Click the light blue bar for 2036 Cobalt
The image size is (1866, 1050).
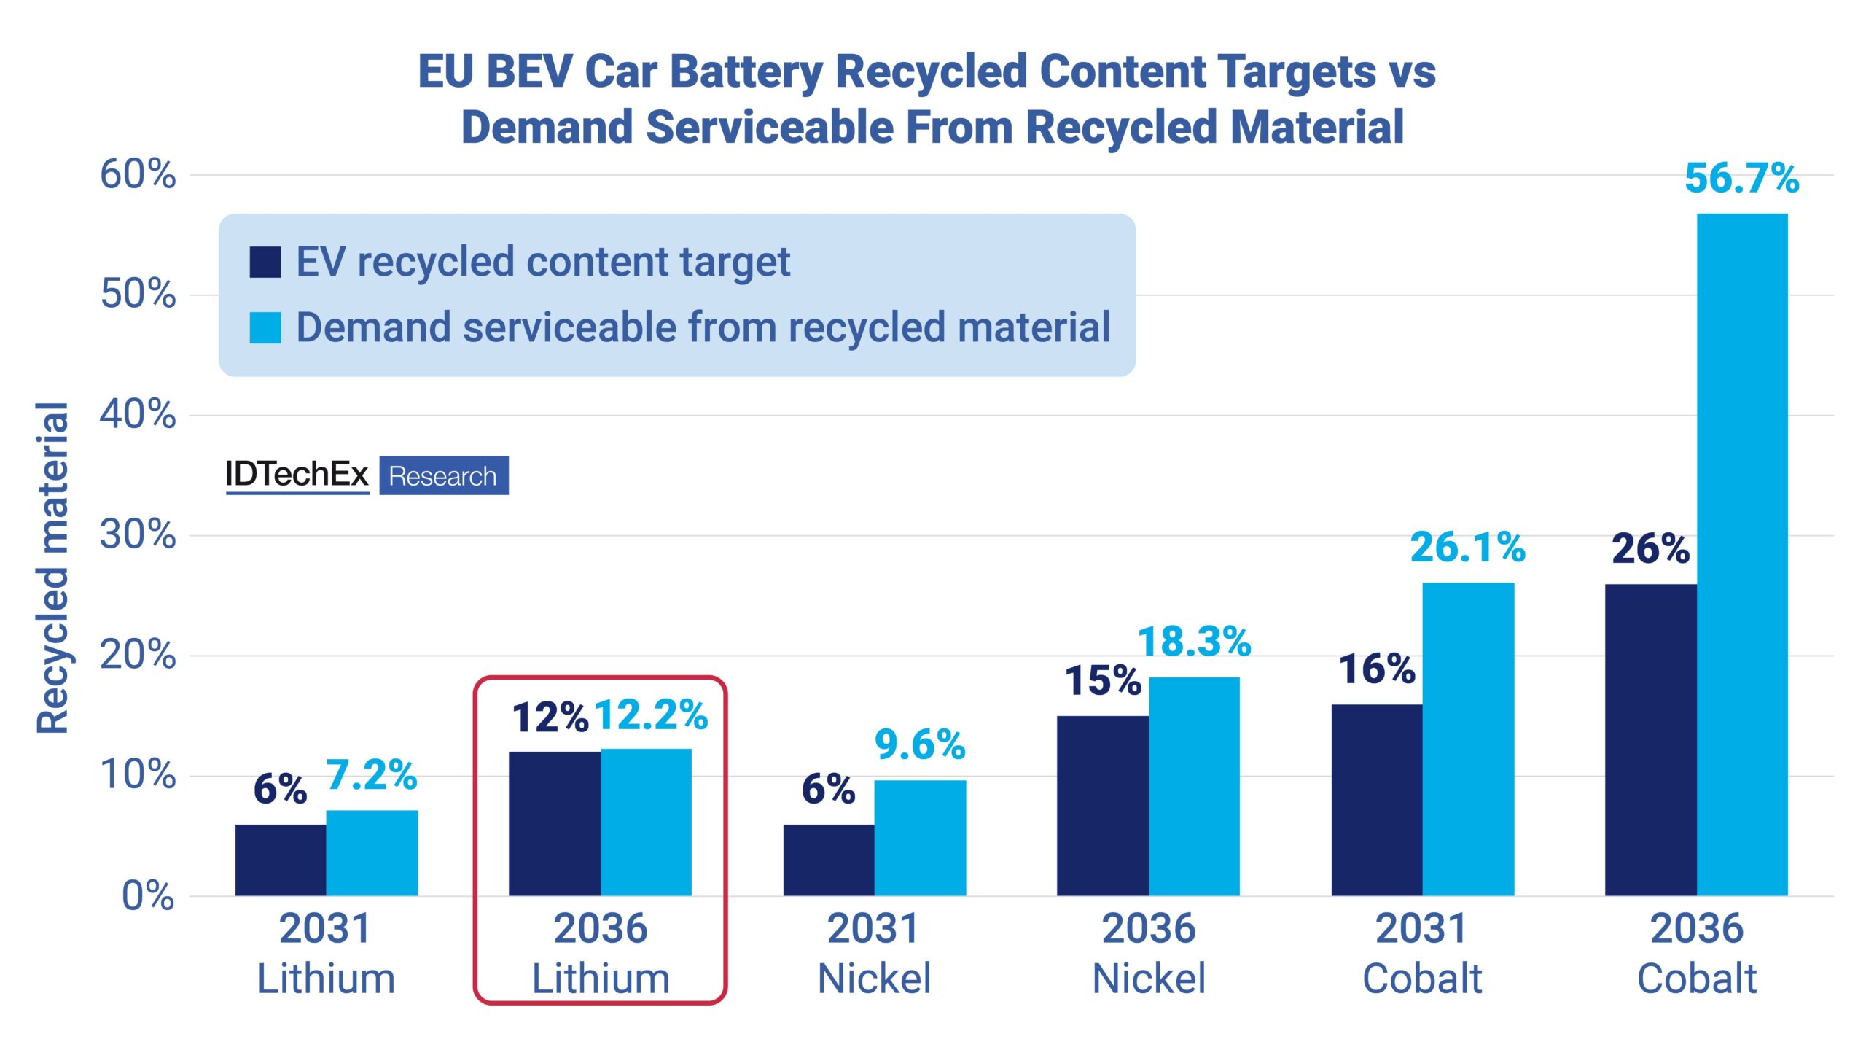click(1742, 554)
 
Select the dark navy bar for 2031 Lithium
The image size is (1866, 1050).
click(281, 860)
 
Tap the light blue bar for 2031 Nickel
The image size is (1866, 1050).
click(920, 838)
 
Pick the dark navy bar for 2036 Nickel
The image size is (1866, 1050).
click(1103, 806)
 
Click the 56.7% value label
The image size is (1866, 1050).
click(1741, 179)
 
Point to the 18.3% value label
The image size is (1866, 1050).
click(1194, 642)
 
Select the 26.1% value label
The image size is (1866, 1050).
click(1467, 548)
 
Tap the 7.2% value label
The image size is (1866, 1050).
click(371, 775)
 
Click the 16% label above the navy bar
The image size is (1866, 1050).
click(1376, 669)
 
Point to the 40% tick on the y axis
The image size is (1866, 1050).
click(138, 415)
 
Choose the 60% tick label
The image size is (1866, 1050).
click(138, 175)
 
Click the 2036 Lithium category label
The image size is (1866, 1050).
click(601, 953)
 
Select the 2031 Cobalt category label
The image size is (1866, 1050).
click(1422, 953)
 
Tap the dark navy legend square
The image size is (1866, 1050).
click(265, 262)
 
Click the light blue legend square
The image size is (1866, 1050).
click(265, 327)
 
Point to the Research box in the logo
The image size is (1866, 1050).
click(443, 476)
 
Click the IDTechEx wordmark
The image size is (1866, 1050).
click(297, 475)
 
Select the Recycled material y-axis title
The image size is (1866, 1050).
click(52, 567)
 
